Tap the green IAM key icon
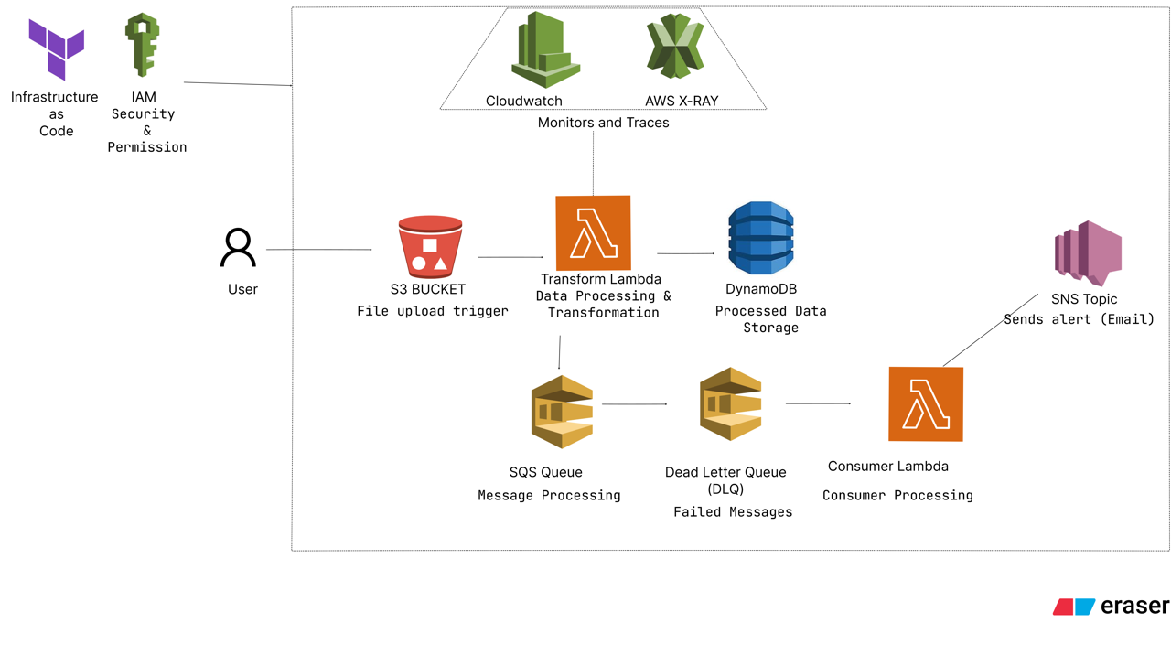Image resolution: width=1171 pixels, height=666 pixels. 142,45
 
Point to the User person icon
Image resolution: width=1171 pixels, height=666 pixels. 238,248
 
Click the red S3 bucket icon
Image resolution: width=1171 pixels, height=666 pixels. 430,247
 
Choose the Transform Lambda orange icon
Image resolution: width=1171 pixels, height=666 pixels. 593,233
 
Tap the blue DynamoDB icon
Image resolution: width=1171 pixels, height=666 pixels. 760,239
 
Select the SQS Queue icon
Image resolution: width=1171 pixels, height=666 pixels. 562,412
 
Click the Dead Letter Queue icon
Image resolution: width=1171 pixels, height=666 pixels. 730,404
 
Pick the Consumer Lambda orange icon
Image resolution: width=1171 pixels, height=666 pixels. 925,404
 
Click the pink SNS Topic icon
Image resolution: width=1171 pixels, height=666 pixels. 1088,253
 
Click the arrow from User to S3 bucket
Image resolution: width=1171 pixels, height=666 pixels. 318,249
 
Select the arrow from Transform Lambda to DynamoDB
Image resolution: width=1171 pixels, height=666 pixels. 685,253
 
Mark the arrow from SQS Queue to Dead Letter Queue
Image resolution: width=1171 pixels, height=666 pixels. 634,403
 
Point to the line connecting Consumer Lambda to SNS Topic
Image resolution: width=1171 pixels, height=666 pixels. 991,329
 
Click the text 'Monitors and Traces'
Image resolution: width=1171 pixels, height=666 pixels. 603,123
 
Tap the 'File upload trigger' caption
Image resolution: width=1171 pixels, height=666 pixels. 432,311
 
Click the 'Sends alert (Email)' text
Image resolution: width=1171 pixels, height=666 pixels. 1079,319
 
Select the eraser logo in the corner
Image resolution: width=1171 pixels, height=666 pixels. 1110,607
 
